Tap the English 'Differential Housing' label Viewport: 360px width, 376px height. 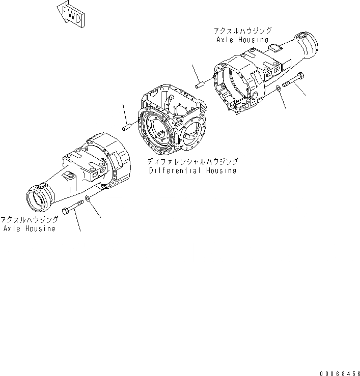pos(192,171)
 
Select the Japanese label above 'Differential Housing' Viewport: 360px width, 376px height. pos(192,161)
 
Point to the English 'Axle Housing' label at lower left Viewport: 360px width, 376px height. pos(29,228)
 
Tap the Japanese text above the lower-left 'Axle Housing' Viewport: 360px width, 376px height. pos(29,219)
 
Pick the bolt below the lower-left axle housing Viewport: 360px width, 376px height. pos(74,208)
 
